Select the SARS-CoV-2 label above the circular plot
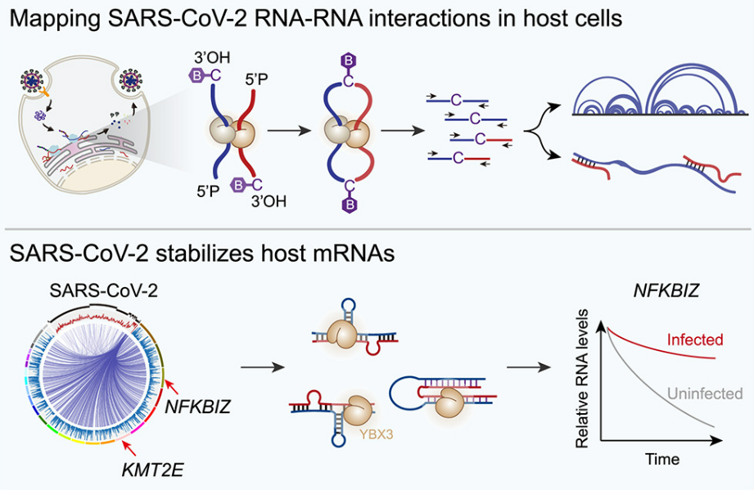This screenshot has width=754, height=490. (93, 291)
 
